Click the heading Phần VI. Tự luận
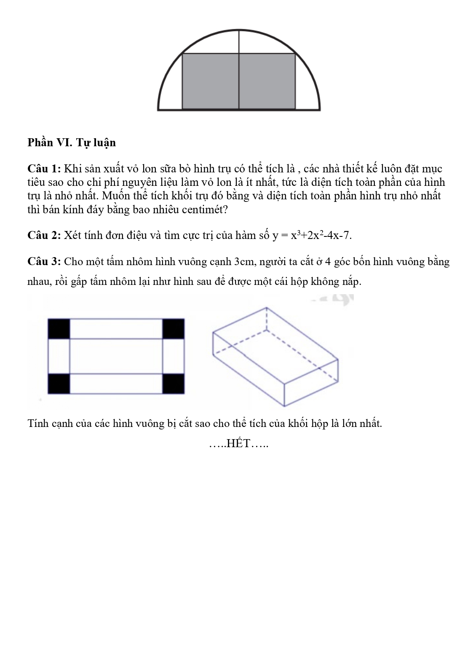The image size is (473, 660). (x=72, y=142)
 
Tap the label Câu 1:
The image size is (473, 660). (x=44, y=169)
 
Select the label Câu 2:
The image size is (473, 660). (x=44, y=235)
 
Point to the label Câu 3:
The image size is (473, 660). (x=44, y=261)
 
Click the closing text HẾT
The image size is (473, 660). (x=238, y=443)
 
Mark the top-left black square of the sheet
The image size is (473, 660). (x=59, y=329)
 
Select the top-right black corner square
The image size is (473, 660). (x=174, y=329)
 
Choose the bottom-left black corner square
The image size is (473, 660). (x=59, y=384)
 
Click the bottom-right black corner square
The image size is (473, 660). (x=174, y=384)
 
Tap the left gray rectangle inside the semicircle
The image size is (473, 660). (x=210, y=81)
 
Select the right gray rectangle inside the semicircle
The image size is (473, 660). (x=267, y=81)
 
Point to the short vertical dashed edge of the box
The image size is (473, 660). (x=267, y=319)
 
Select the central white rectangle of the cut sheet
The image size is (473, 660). (x=116, y=356)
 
